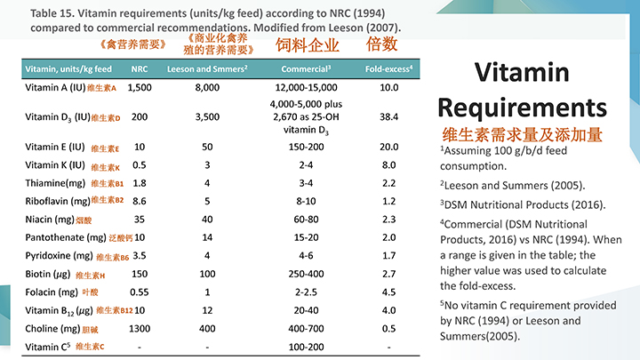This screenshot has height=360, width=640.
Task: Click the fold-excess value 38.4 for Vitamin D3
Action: [388, 116]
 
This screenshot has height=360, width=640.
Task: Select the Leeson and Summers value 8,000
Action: [207, 87]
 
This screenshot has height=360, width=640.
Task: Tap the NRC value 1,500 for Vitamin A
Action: [140, 87]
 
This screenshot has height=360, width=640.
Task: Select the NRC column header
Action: [140, 68]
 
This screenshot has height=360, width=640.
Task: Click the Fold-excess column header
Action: [388, 68]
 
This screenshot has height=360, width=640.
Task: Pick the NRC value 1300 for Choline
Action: [140, 328]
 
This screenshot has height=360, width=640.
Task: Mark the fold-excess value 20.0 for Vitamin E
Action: [388, 147]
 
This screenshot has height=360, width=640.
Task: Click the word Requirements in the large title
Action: [524, 108]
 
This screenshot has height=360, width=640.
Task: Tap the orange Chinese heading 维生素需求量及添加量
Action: [523, 135]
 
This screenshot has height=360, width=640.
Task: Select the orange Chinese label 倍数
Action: [381, 44]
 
